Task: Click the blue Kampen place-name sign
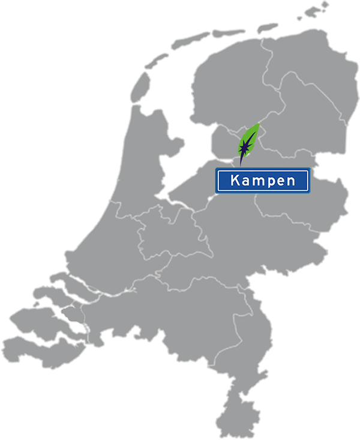click(x=262, y=181)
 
